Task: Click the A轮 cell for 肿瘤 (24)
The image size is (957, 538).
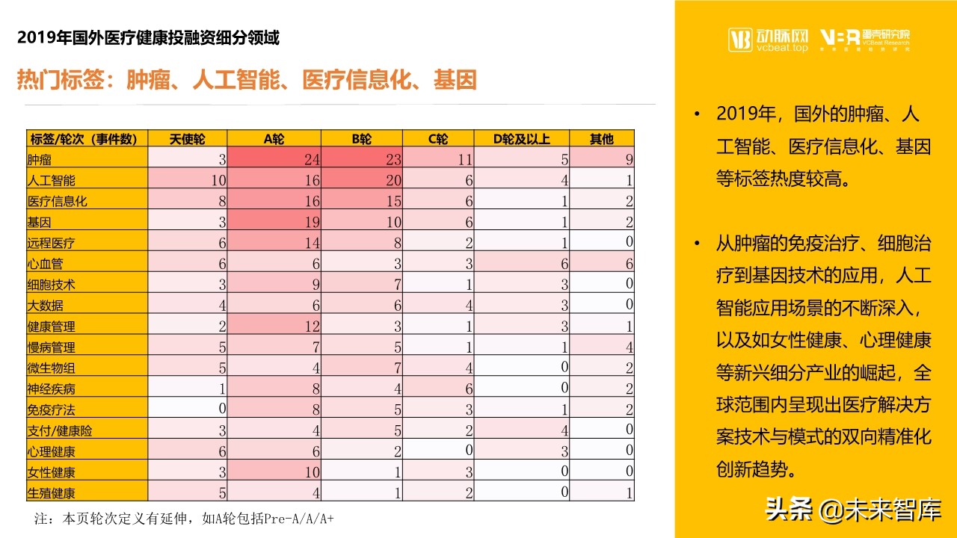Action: click(274, 158)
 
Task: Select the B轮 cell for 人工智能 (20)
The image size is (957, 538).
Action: click(362, 179)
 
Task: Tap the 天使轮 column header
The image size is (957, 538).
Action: click(187, 138)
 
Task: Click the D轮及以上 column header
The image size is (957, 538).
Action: click(522, 138)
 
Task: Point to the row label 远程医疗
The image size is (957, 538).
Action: click(52, 243)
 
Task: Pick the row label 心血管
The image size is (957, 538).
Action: click(46, 264)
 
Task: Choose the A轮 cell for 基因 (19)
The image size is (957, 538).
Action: click(274, 222)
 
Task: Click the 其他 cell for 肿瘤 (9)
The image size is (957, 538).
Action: click(602, 158)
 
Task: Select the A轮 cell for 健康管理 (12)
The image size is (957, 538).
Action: click(274, 327)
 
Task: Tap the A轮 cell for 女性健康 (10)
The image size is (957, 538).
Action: click(274, 472)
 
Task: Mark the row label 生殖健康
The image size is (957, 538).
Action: click(52, 493)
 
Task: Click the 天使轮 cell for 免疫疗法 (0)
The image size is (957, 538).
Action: click(187, 409)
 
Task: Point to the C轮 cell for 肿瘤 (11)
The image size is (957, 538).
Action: click(438, 158)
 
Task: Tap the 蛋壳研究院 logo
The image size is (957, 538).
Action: click(865, 40)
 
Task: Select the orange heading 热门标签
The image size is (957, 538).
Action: click(247, 80)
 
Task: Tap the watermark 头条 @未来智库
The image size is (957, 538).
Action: click(852, 510)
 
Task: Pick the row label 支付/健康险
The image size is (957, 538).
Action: click(60, 430)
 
